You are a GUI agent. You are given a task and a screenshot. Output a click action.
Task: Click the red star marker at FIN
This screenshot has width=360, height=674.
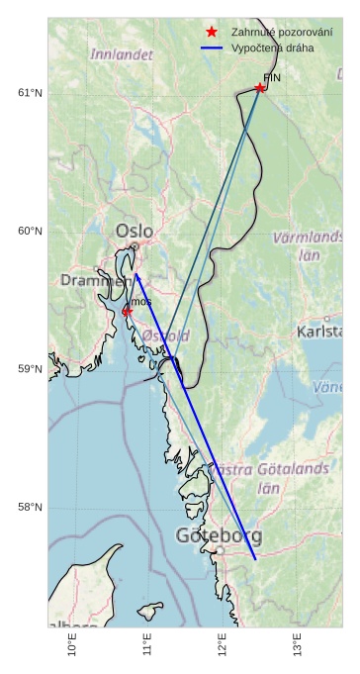click(260, 88)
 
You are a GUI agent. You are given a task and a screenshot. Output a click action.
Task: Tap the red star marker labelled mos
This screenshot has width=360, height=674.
click(128, 312)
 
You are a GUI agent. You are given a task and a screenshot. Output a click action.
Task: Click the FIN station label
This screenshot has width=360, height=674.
click(272, 76)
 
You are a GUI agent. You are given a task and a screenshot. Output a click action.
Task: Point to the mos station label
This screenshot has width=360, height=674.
click(141, 301)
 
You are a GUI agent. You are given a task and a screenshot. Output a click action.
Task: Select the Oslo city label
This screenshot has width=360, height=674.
click(135, 232)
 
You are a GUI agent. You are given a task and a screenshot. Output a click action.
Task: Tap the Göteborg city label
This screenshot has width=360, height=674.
click(219, 536)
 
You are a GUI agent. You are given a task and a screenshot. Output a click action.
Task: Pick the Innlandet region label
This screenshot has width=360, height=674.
click(122, 54)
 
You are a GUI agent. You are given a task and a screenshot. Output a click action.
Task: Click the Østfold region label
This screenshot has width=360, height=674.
click(166, 337)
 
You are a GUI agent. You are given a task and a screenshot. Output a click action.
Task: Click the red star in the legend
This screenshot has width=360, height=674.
click(212, 32)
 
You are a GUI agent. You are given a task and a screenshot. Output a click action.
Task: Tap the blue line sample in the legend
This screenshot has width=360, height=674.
click(212, 48)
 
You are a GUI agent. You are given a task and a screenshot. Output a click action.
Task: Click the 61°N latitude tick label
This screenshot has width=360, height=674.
click(31, 93)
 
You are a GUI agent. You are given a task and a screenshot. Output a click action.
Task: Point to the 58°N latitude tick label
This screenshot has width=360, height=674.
click(31, 508)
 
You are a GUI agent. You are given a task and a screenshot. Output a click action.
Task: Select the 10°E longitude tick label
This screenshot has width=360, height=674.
click(72, 645)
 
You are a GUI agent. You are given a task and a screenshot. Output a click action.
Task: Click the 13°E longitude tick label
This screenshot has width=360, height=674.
click(298, 645)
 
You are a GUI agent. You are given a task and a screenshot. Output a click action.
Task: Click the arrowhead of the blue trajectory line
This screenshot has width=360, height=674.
click(136, 276)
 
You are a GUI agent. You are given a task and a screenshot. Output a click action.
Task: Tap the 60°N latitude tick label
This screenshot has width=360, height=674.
click(31, 232)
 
